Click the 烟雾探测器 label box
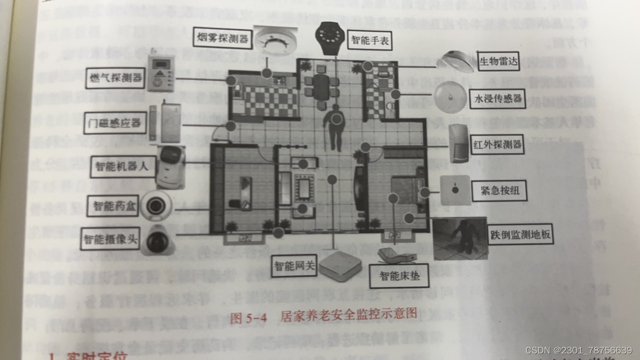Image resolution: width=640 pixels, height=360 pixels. tap(222, 38)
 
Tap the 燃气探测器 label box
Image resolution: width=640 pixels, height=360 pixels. tap(115, 78)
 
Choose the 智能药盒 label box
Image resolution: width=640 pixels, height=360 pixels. tap(112, 205)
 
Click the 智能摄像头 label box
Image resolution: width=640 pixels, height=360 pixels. tap(110, 238)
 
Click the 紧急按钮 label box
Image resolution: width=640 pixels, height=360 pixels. tap(499, 190)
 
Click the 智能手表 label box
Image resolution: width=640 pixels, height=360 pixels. tap(370, 39)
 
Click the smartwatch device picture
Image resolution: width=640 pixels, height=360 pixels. tap(329, 37)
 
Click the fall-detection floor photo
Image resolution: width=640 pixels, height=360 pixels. tap(460, 238)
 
